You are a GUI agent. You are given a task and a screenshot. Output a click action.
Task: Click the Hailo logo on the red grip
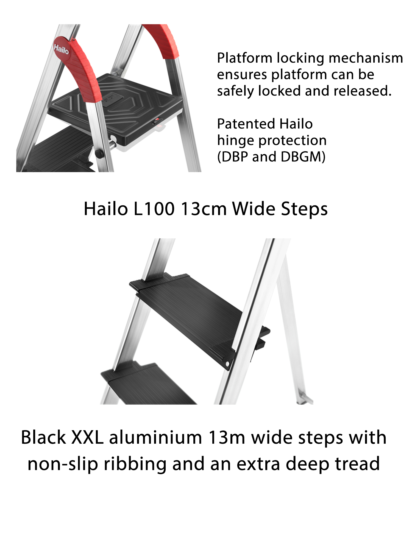click(x=61, y=49)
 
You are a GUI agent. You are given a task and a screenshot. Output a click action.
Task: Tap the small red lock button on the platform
click(x=157, y=120)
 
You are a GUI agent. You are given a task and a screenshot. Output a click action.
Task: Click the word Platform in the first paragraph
click(x=244, y=58)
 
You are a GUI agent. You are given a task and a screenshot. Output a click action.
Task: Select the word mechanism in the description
click(x=366, y=58)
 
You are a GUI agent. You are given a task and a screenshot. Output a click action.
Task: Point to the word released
click(x=363, y=91)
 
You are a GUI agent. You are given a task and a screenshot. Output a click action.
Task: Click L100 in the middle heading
click(x=154, y=209)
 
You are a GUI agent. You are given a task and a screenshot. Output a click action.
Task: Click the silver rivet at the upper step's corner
click(x=227, y=364)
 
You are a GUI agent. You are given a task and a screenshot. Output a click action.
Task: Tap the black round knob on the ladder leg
click(x=100, y=153)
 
